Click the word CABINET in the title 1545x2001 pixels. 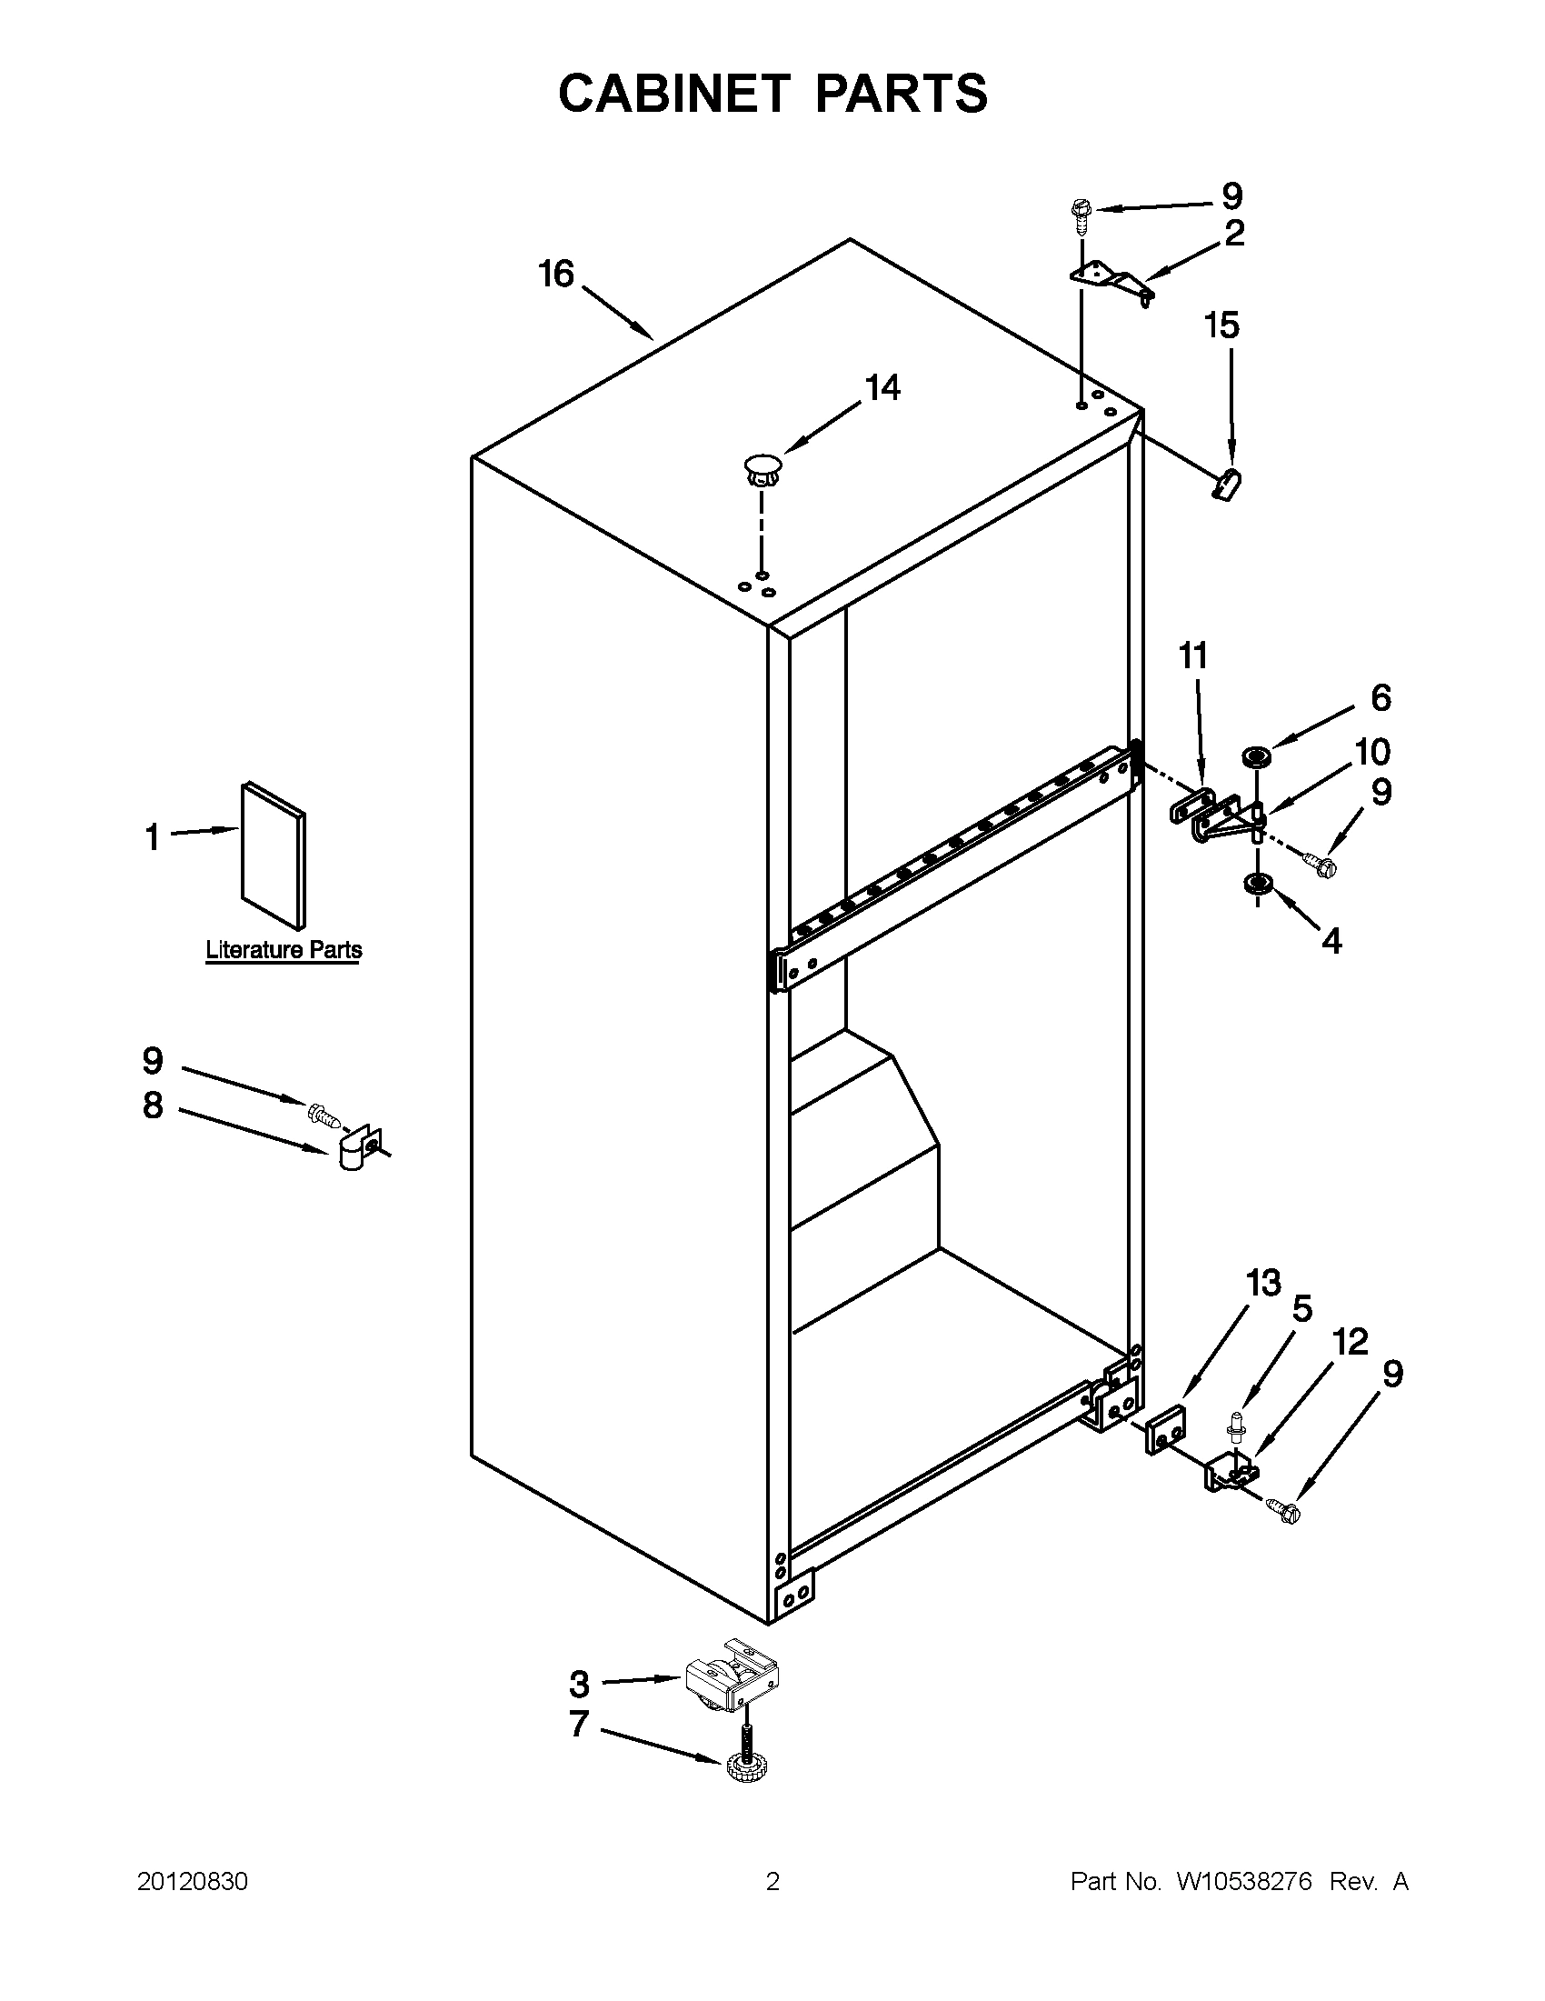[x=673, y=94]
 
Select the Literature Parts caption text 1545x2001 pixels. [x=283, y=950]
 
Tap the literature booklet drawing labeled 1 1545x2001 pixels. [x=273, y=855]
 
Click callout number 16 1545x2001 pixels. [x=556, y=273]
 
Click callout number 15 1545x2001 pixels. [x=1221, y=325]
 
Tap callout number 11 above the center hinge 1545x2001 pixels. [x=1193, y=656]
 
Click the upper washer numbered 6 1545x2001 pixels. [x=1255, y=757]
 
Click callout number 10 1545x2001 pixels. [x=1372, y=752]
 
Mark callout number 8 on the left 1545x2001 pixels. [x=153, y=1105]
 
